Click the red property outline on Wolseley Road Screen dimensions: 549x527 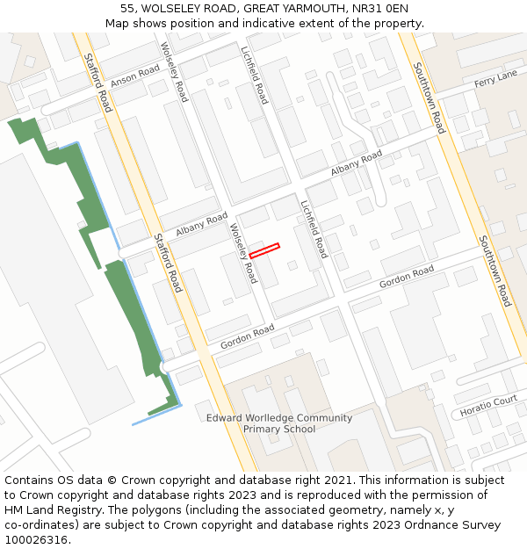point(264,250)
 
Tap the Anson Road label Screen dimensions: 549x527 point(135,76)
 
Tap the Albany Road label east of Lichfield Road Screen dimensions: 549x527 point(357,163)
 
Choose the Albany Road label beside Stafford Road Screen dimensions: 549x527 point(201,225)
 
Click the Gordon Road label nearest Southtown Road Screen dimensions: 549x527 point(407,278)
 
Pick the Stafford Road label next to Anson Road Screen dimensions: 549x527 point(98,83)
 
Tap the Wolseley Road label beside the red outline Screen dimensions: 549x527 point(243,253)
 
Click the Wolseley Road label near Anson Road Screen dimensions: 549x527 point(174,71)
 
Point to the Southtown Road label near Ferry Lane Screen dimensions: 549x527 point(429,97)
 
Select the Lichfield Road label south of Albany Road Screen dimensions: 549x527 point(313,229)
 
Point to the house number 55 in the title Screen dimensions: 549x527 point(127,8)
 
